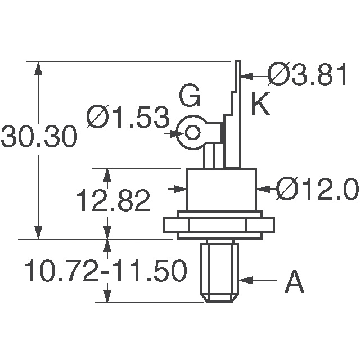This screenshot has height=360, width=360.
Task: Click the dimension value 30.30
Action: click(38, 137)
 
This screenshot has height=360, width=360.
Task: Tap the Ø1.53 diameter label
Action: click(128, 119)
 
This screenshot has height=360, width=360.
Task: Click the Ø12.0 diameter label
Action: click(317, 191)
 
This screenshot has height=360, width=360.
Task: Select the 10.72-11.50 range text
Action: click(105, 272)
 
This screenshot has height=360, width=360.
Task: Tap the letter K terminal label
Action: click(260, 105)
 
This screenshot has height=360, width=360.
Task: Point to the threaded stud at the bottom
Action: click(219, 270)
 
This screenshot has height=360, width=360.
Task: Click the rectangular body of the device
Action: click(222, 189)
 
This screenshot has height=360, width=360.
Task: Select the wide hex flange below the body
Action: click(222, 224)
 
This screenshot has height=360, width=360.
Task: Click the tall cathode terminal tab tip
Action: click(238, 66)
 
